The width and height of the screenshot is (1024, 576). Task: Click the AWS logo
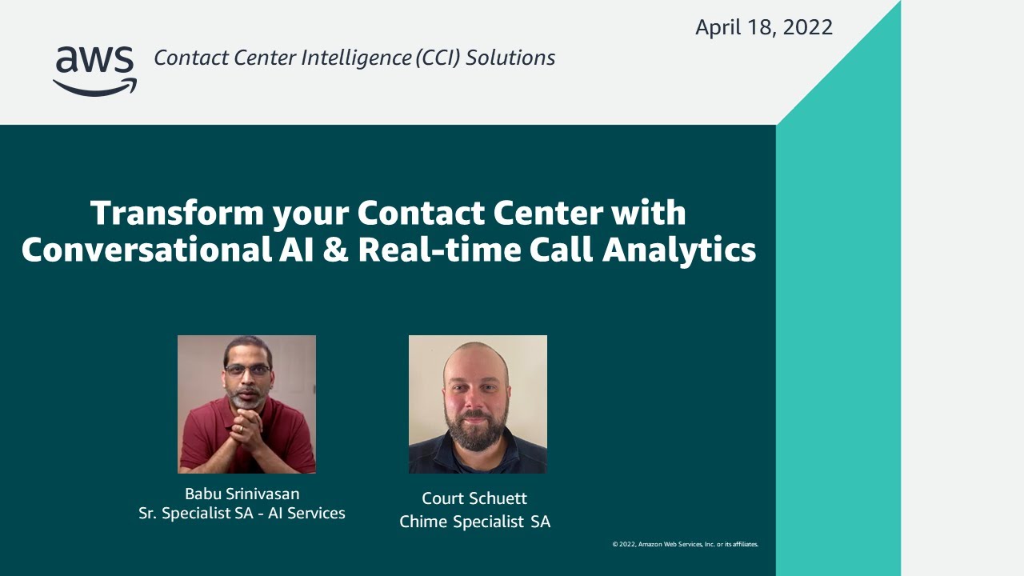pyautogui.click(x=95, y=71)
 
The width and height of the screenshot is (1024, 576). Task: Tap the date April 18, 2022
pyautogui.click(x=764, y=27)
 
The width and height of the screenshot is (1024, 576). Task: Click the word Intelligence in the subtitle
pyautogui.click(x=356, y=58)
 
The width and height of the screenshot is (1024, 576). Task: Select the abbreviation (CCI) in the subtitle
pyautogui.click(x=438, y=58)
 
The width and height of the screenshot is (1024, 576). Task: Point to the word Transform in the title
pyautogui.click(x=178, y=213)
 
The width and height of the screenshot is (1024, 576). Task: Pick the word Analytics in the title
pyautogui.click(x=679, y=251)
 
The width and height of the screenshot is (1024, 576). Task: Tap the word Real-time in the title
pyautogui.click(x=439, y=250)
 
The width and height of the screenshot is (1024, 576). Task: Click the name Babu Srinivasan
pyautogui.click(x=242, y=494)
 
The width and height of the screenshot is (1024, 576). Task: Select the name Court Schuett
pyautogui.click(x=474, y=498)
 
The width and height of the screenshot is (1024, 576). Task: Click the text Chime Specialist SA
pyautogui.click(x=474, y=522)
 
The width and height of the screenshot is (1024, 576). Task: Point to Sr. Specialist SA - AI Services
pyautogui.click(x=242, y=513)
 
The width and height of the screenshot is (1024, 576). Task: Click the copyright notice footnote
pyautogui.click(x=686, y=544)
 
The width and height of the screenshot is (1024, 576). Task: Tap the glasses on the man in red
pyautogui.click(x=248, y=370)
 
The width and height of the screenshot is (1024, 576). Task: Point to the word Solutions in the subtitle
pyautogui.click(x=510, y=58)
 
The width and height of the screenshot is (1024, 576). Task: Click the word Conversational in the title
pyautogui.click(x=146, y=250)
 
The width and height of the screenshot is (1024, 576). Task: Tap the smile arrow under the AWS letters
pyautogui.click(x=95, y=88)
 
